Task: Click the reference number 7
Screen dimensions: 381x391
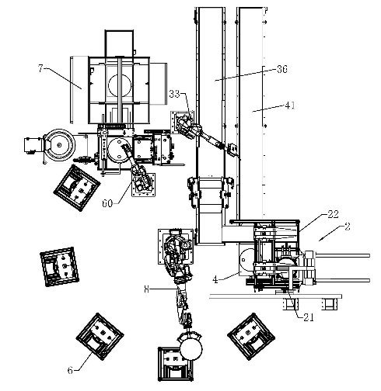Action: click(40, 68)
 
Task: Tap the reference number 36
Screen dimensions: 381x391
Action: click(282, 69)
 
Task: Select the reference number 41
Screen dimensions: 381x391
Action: click(290, 106)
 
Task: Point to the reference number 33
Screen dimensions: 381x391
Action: click(174, 94)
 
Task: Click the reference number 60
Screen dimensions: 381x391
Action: click(107, 203)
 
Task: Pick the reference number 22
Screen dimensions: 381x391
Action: click(333, 214)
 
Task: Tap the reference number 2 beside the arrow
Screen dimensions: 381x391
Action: click(348, 227)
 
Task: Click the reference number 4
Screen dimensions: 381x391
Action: click(215, 279)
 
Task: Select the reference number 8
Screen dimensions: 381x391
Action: click(147, 289)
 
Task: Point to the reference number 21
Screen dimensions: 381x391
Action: click(309, 317)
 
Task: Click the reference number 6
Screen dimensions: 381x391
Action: click(70, 370)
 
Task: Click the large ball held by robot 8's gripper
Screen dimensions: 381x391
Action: click(190, 349)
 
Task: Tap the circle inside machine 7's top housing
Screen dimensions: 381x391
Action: click(120, 85)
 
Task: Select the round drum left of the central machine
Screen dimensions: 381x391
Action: click(59, 145)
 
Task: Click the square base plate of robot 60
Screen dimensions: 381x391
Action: click(144, 185)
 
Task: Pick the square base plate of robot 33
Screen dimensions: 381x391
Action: click(182, 123)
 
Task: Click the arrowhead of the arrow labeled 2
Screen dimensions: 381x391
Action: click(320, 240)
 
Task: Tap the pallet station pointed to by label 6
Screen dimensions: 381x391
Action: click(100, 337)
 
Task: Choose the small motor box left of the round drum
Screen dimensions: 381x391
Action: click(33, 145)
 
